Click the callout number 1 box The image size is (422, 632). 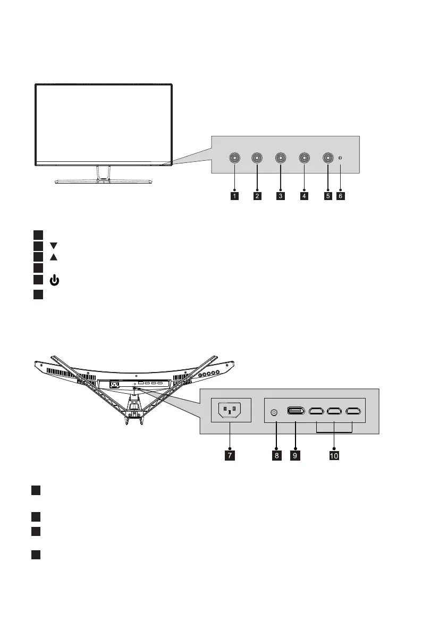234,196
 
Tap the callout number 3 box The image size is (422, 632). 281,196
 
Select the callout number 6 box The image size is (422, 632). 341,196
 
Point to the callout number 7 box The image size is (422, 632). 230,455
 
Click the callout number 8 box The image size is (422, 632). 276,455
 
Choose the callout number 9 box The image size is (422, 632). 296,455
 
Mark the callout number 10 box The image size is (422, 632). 335,455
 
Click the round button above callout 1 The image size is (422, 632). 234,158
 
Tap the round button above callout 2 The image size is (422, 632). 257,158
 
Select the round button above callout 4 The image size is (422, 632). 304,158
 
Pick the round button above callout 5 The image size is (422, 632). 327,158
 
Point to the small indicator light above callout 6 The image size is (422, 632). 341,158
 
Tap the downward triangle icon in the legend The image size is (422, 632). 53,246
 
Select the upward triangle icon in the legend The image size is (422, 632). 53,257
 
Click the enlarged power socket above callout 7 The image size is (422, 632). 230,410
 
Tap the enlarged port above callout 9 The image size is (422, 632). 296,411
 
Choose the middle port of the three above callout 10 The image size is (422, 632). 334,411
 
